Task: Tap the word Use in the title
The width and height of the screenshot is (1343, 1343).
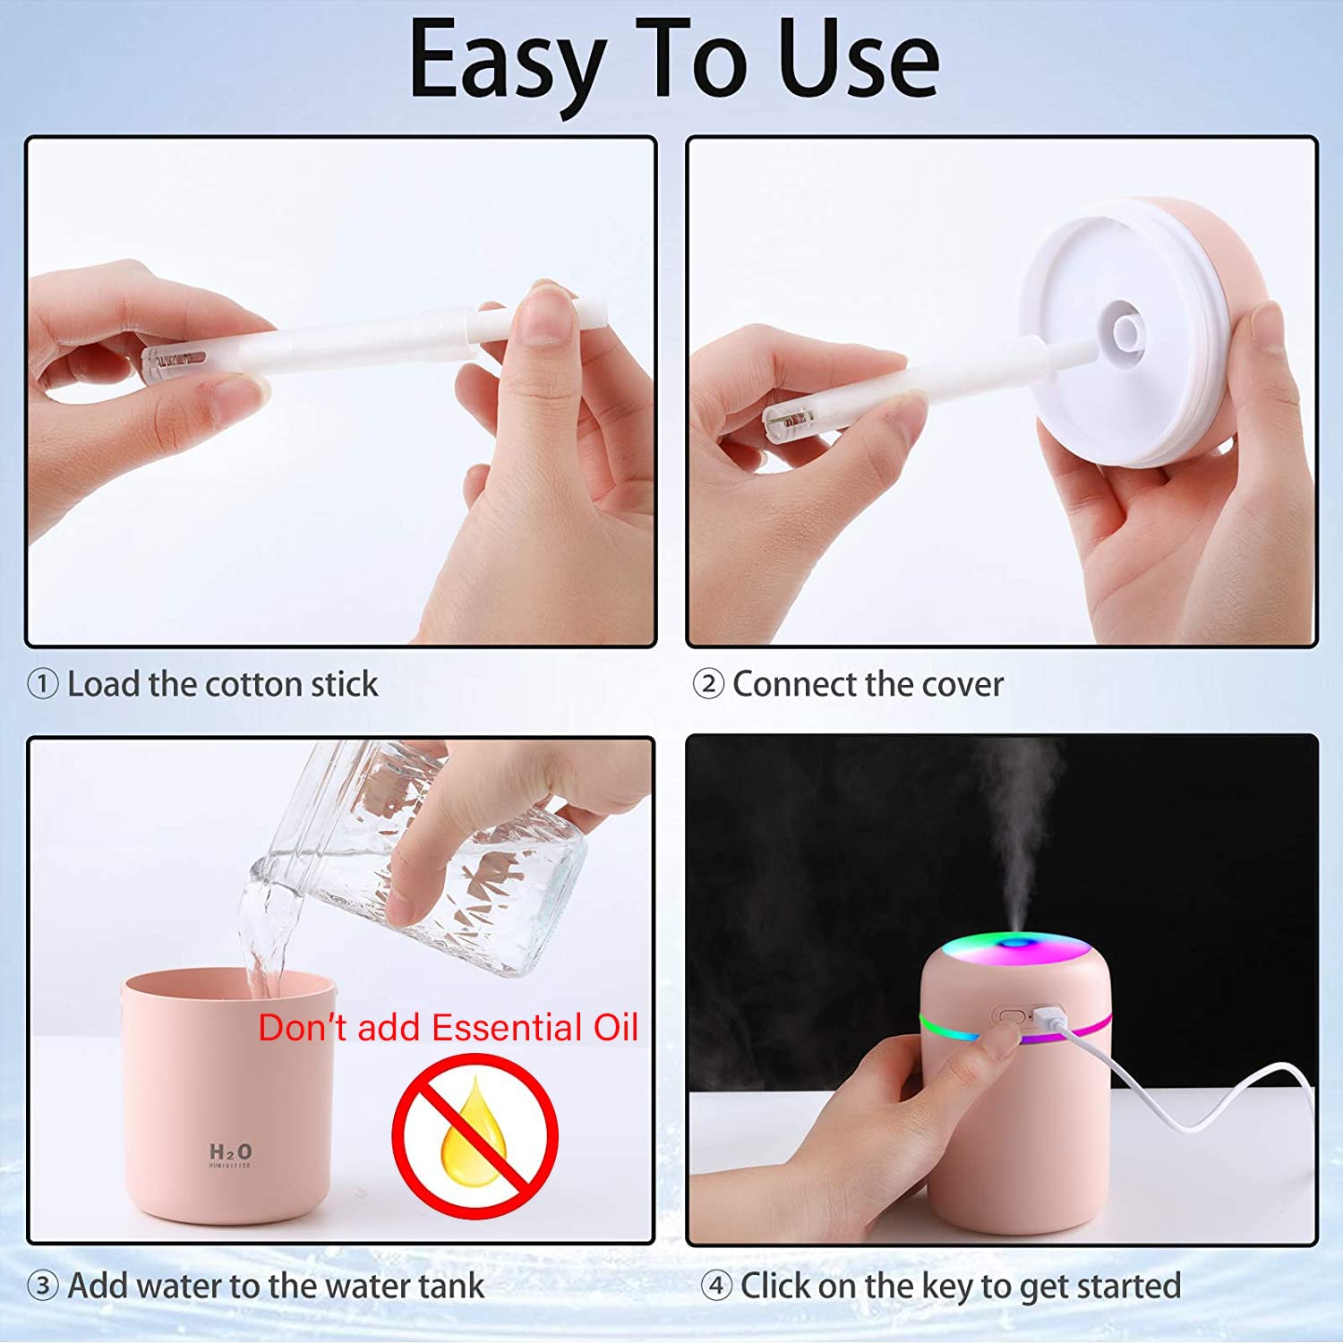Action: click(x=860, y=59)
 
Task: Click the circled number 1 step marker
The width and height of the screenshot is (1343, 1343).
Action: click(x=42, y=685)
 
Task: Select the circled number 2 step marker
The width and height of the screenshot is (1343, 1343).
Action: click(x=708, y=685)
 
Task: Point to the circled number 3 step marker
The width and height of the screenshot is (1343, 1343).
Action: click(x=42, y=1287)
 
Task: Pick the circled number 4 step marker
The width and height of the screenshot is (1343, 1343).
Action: click(x=716, y=1287)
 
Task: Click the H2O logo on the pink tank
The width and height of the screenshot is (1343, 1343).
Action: click(x=231, y=1153)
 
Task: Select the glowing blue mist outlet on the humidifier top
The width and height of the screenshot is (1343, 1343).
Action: click(x=1015, y=943)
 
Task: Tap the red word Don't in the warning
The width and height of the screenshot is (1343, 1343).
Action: click(x=302, y=1028)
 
